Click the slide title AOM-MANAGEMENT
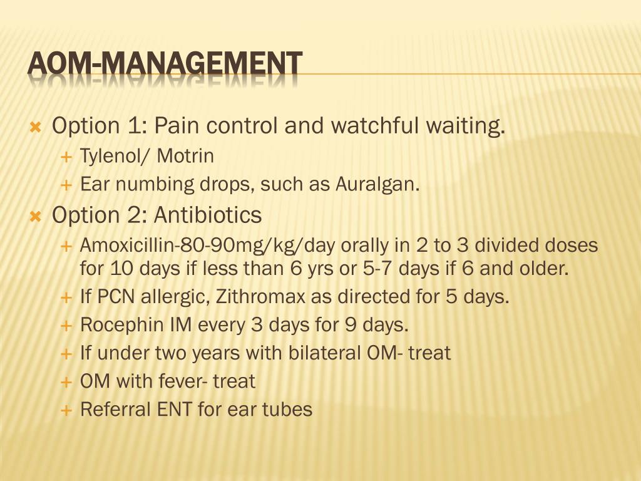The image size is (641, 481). click(x=165, y=65)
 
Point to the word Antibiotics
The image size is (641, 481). click(x=208, y=215)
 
